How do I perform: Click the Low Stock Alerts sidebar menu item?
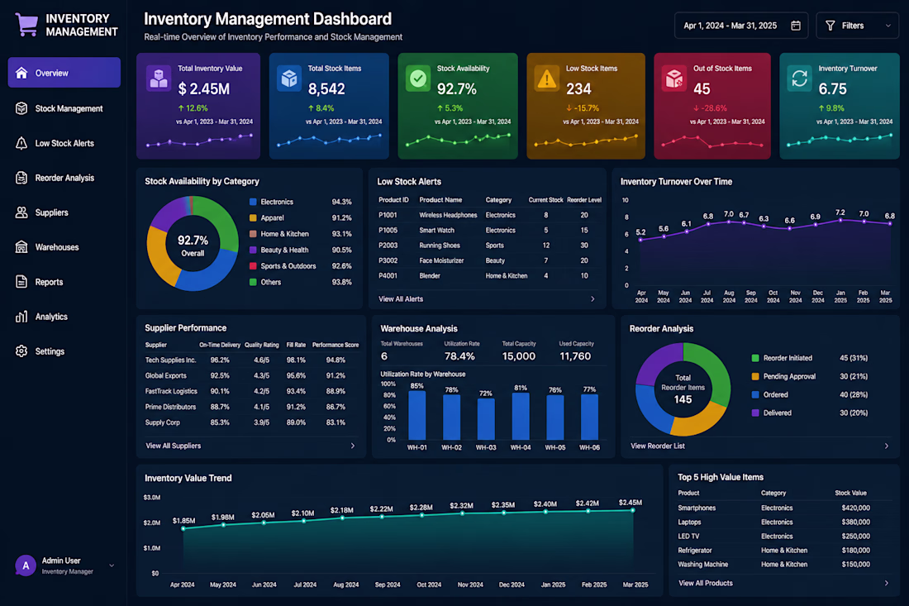tap(64, 143)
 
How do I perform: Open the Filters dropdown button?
tap(857, 26)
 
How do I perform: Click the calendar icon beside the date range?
tap(796, 26)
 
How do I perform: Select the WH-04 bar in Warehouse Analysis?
tap(521, 417)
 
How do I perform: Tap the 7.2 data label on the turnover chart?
tap(840, 212)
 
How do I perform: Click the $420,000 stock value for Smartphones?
tap(855, 508)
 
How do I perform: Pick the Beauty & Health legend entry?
tap(278, 250)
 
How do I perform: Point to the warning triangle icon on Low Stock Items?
tap(547, 79)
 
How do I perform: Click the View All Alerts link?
tap(401, 299)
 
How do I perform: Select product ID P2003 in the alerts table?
tap(388, 246)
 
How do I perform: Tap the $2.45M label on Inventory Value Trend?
tap(631, 502)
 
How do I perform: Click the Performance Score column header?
tap(335, 345)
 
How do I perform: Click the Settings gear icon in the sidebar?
tap(21, 351)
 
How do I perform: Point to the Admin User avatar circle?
tap(26, 565)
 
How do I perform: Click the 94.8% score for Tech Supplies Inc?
tap(336, 360)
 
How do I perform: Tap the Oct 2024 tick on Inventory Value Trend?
tap(429, 585)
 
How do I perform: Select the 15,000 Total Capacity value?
tap(519, 356)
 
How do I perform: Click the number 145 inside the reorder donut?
tap(683, 399)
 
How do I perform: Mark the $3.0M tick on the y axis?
tap(152, 498)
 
